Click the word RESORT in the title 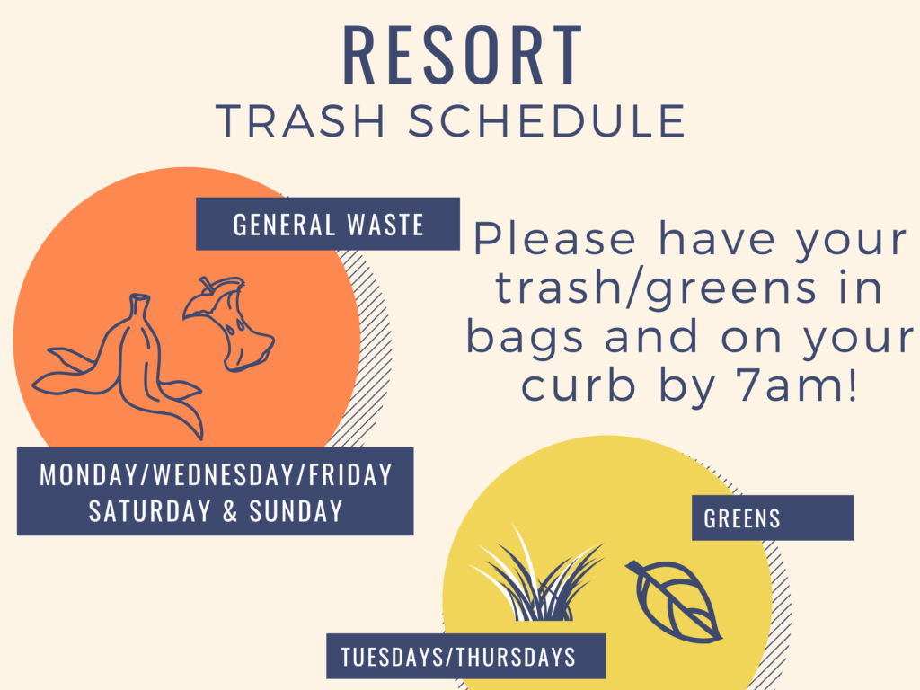tap(463, 55)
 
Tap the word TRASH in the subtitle tap(300, 121)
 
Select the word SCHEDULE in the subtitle tap(547, 121)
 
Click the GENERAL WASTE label tap(328, 224)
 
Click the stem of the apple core tap(207, 285)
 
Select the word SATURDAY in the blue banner tap(150, 510)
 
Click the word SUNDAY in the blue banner tap(296, 510)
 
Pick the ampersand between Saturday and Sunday tap(230, 511)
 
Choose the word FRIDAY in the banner tap(350, 474)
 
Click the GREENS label tap(741, 518)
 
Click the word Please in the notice tap(554, 238)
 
